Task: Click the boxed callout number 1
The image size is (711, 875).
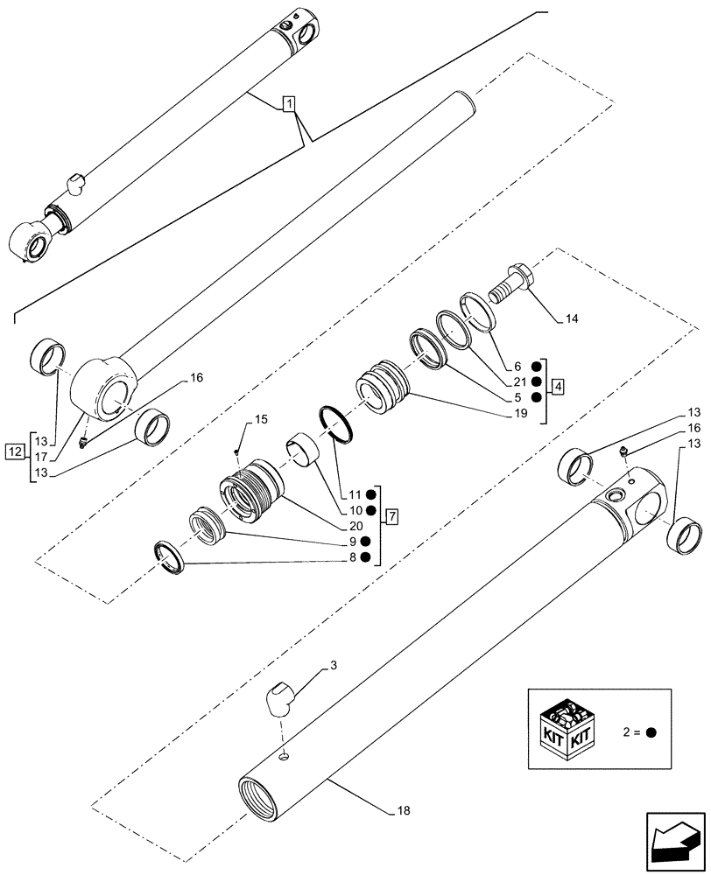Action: (290, 104)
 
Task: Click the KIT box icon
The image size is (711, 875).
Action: (569, 732)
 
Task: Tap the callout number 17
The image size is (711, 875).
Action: (41, 456)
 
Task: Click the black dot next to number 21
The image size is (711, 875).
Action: (536, 382)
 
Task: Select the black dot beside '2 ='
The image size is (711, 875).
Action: (652, 733)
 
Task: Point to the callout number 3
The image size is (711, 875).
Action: (334, 667)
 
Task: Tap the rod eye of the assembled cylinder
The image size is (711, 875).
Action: (29, 239)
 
